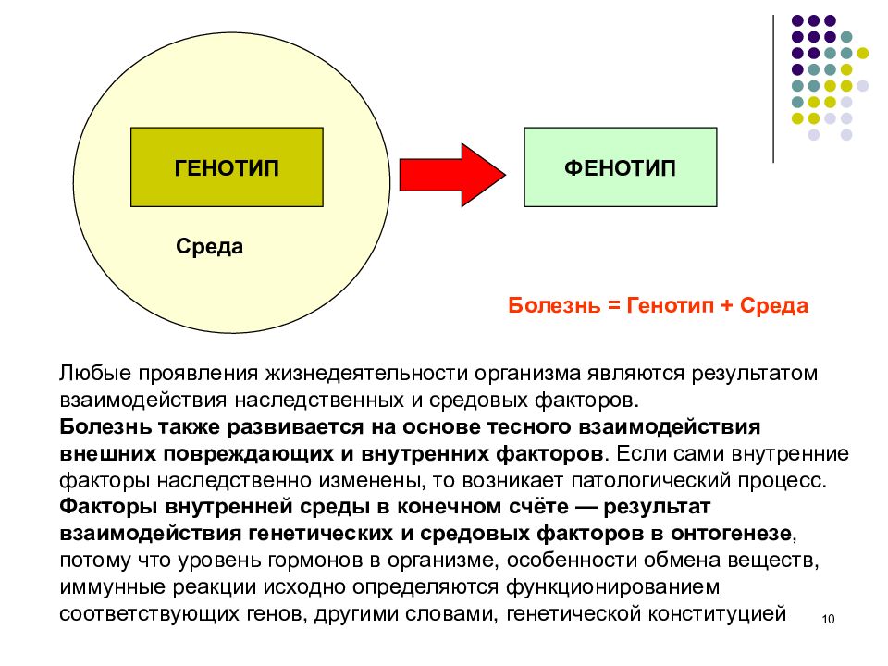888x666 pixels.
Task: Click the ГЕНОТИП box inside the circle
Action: tap(227, 167)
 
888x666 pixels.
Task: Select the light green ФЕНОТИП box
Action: tap(620, 167)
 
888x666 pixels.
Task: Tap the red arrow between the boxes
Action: tap(452, 175)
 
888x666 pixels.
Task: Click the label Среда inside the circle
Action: tap(210, 246)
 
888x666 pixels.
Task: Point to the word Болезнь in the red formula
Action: tap(554, 305)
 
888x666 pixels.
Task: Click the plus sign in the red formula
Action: tap(727, 306)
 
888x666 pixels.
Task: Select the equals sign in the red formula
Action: tap(614, 306)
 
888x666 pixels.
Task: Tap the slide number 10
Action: tap(828, 619)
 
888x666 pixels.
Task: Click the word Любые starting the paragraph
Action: tap(95, 373)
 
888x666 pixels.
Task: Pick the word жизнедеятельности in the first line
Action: tap(367, 373)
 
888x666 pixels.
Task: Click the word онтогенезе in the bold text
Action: tap(731, 534)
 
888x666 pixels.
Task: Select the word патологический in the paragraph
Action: tap(649, 480)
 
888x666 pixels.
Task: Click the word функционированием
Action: tap(612, 586)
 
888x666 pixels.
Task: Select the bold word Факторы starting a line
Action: tap(108, 506)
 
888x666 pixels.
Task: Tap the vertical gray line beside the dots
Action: tap(773, 89)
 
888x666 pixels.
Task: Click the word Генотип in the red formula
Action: tap(671, 305)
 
